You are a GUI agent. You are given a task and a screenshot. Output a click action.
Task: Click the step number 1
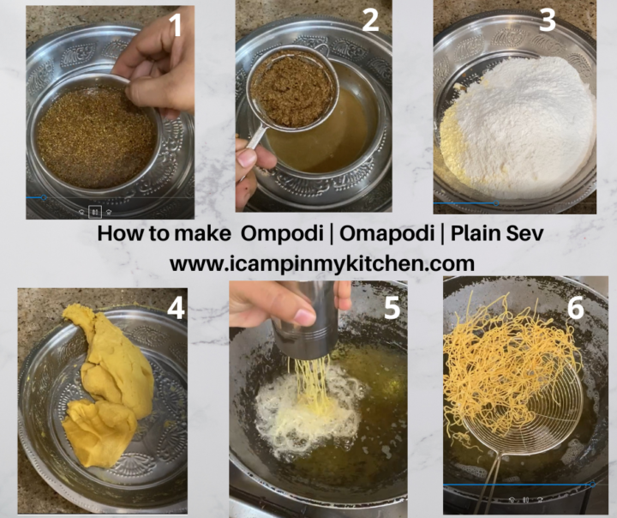pos(176,26)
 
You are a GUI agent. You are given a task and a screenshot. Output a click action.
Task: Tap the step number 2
pos(370,21)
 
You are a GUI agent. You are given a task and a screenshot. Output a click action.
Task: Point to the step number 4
pos(176,308)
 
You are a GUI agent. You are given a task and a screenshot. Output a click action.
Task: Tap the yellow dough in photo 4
pos(107,386)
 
